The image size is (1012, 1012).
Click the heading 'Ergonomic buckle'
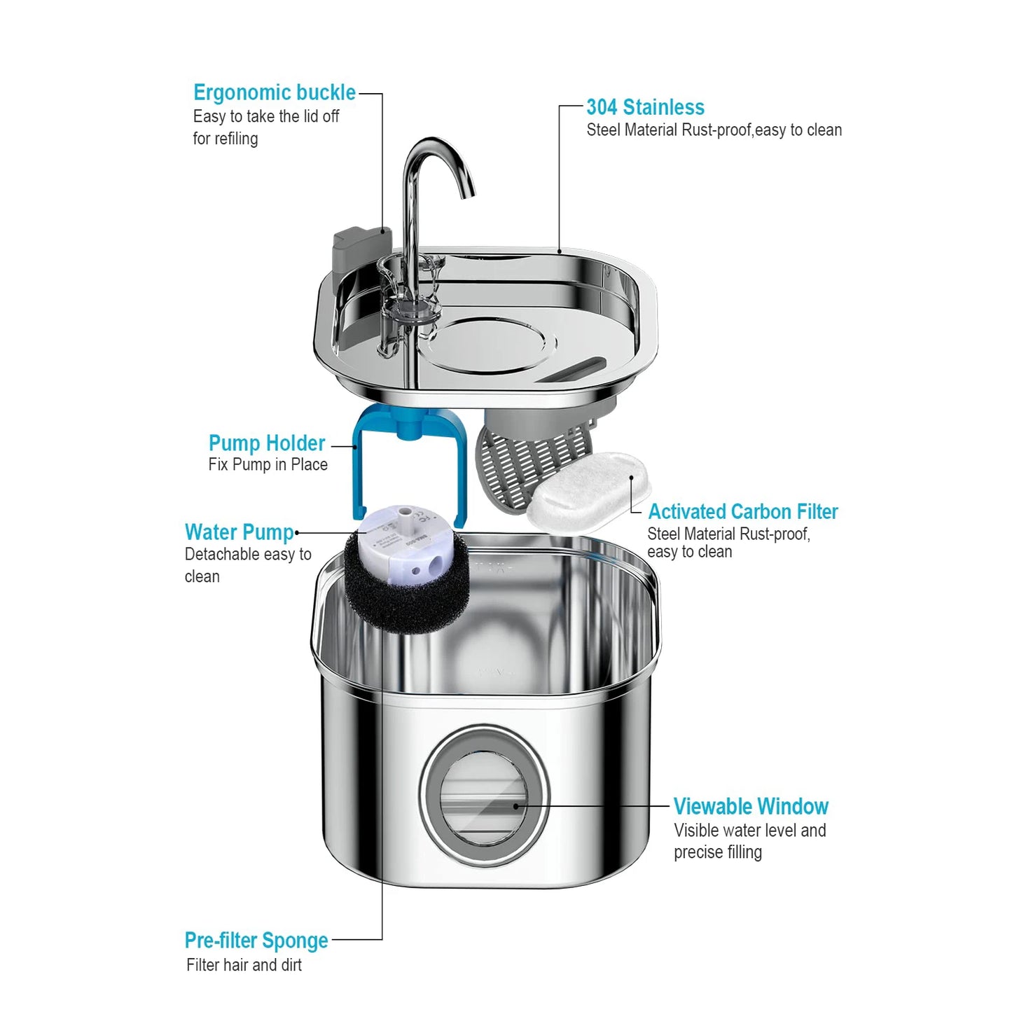pos(274,92)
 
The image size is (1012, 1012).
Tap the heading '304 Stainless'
pos(645,107)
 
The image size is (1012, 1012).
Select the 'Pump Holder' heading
pos(266,443)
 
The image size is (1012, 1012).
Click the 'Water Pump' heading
pos(239,532)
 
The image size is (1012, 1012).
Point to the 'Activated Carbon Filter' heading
pos(742,511)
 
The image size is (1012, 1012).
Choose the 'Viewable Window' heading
pos(751,806)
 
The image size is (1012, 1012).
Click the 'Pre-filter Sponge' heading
pos(256,940)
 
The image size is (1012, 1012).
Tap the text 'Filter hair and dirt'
pos(244,965)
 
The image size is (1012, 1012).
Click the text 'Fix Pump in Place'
pos(268,465)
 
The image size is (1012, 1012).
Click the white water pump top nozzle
pos(403,521)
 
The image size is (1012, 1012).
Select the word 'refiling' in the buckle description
pos(235,139)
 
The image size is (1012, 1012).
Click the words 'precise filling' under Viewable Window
pos(718,852)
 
